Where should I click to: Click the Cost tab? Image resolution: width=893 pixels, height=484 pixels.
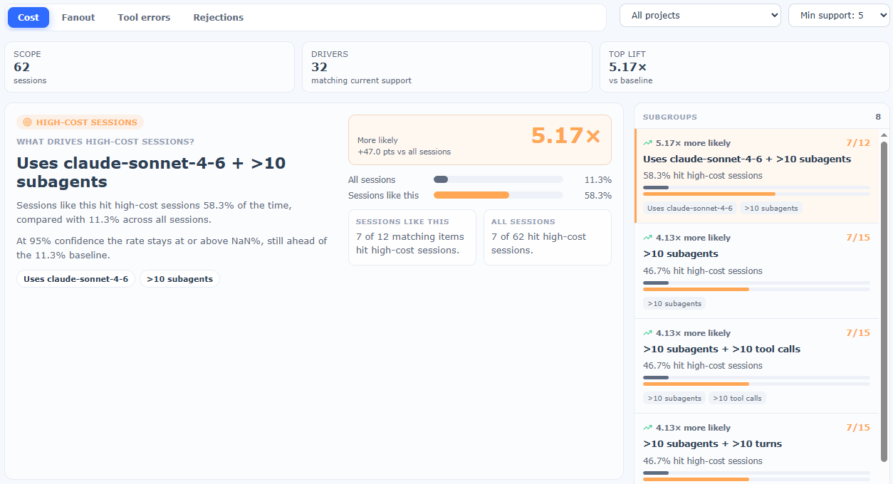coord(28,17)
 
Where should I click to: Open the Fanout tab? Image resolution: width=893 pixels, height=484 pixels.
coord(78,17)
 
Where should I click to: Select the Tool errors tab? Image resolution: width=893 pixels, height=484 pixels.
coord(144,17)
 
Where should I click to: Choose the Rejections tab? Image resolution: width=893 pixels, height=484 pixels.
coord(218,17)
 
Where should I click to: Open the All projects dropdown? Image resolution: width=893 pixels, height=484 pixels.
coord(700,16)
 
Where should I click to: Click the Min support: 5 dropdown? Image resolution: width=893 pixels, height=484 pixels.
coord(839,16)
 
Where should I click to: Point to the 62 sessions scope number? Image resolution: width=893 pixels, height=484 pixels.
coord(21,67)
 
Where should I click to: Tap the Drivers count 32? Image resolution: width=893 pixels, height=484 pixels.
coord(319,67)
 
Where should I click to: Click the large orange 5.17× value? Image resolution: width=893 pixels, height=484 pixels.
coord(565,135)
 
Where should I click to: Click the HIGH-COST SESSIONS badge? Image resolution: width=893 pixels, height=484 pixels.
coord(80,122)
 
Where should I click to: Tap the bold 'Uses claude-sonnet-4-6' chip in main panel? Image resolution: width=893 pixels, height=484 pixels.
coord(75,279)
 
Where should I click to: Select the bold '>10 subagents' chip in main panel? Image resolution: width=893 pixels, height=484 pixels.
coord(179,279)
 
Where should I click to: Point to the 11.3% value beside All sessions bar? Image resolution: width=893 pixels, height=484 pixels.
coord(598,179)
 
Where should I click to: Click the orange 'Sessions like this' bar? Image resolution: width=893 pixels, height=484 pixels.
coord(471,195)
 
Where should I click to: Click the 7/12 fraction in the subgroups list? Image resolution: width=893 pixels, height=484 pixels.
coord(858,142)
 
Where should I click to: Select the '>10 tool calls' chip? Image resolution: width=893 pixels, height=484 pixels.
coord(737,398)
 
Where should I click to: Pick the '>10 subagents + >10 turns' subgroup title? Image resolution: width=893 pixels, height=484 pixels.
coord(712,443)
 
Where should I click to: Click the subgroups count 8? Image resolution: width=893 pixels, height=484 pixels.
coord(878,117)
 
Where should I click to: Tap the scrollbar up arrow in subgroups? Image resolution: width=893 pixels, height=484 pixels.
coord(884,135)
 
